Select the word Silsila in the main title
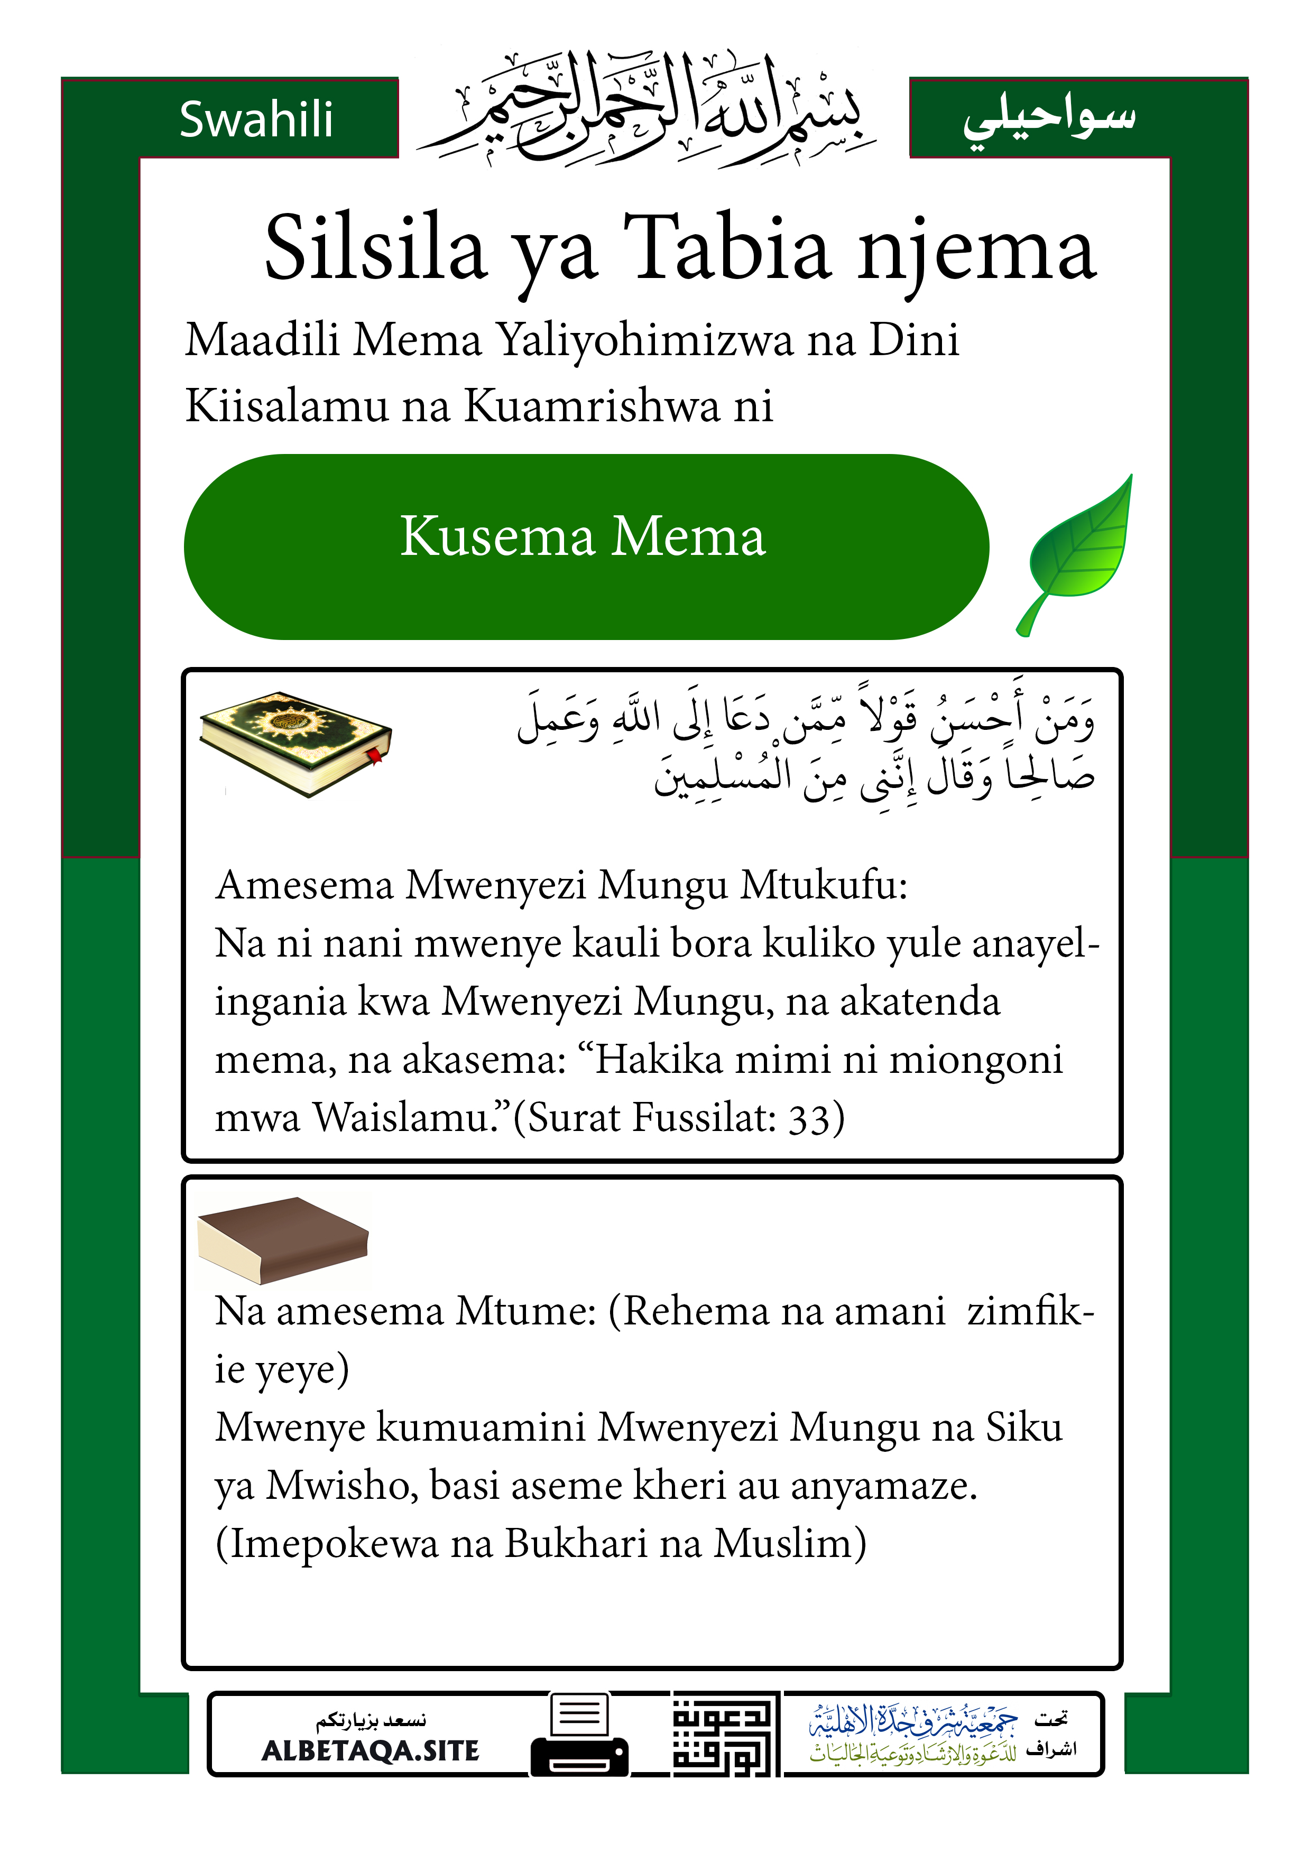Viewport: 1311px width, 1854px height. pos(376,249)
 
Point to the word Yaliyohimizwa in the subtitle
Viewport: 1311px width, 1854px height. pos(644,339)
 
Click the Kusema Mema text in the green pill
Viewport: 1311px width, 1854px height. pos(583,536)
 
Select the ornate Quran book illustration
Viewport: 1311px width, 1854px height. pos(295,743)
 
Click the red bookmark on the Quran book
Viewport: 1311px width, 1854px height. pos(376,757)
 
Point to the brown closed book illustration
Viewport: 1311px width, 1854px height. pos(283,1239)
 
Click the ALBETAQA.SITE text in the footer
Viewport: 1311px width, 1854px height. pos(371,1750)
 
